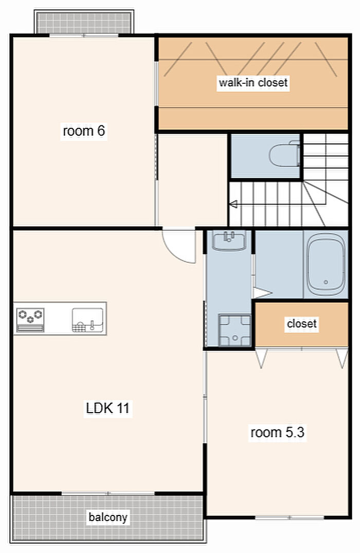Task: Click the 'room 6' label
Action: coord(84,131)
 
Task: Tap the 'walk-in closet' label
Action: coord(253,83)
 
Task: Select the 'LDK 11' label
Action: coord(107,408)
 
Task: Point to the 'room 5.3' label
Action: coord(277,432)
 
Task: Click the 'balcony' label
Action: coord(107,517)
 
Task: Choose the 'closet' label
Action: coord(302,323)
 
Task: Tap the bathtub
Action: coord(326,264)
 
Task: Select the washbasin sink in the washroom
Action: coord(229,241)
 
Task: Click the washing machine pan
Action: coord(235,330)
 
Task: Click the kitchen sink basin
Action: coord(88,320)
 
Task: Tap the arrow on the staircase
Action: coord(233,204)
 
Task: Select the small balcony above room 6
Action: coord(84,22)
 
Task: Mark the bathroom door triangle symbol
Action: coord(262,292)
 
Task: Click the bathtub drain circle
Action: coord(326,282)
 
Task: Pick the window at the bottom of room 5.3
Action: coord(290,518)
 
